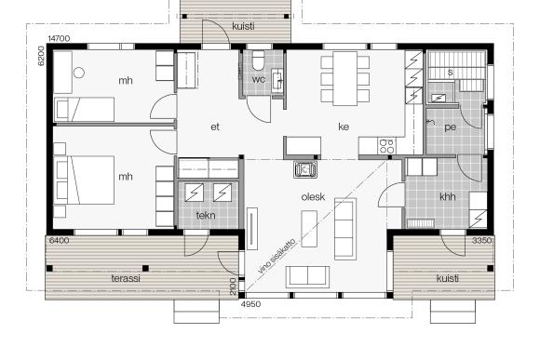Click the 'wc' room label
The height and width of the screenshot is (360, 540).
point(258,79)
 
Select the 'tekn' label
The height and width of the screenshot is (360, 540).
point(206,216)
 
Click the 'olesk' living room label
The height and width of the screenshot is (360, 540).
point(313,197)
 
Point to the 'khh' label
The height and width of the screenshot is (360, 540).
point(448,196)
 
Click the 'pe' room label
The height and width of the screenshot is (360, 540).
point(450,127)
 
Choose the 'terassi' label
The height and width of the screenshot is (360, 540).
point(126,278)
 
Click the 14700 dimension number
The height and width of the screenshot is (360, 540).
point(59,38)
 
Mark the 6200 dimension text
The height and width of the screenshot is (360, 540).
point(41,56)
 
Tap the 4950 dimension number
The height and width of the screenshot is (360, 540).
point(250,304)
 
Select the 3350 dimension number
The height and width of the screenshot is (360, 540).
point(481,241)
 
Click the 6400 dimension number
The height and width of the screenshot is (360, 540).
point(59,241)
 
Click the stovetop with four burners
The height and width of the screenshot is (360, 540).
point(386,146)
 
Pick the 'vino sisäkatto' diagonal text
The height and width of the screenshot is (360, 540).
point(277,256)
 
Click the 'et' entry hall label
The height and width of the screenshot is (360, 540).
point(215,127)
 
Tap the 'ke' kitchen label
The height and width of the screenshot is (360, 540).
point(344,127)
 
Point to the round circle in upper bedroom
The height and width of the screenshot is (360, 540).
point(79,73)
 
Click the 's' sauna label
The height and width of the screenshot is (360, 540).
point(450,73)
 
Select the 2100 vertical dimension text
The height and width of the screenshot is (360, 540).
point(233,287)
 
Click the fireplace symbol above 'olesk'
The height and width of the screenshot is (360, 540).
point(305,169)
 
